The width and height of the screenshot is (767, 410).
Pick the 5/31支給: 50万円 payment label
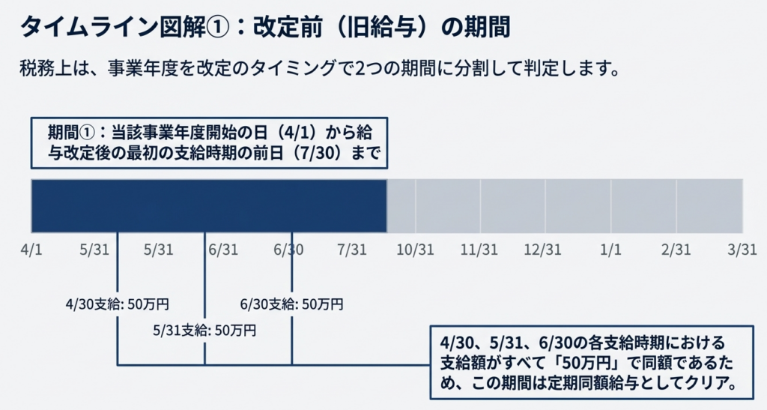point(204,329)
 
